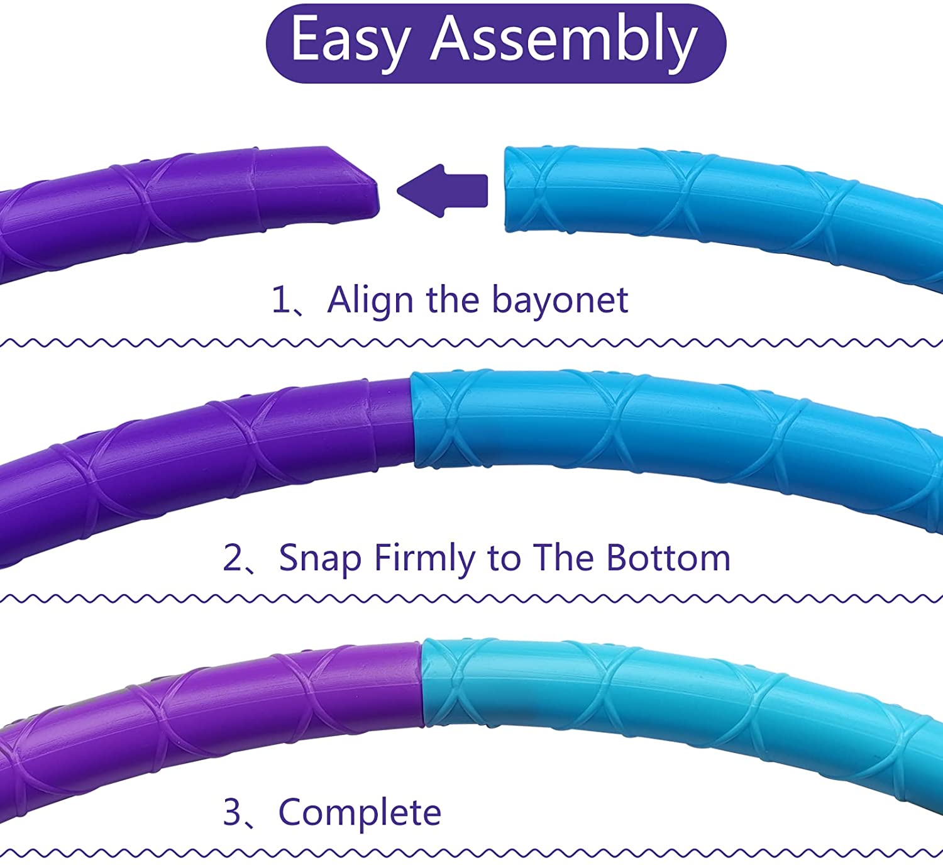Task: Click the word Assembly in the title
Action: tap(564, 41)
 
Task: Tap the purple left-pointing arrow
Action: tap(443, 191)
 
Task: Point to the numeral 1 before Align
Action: tap(281, 300)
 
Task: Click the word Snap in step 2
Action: tap(320, 559)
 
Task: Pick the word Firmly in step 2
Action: tap(424, 559)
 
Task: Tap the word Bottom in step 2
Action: tap(668, 558)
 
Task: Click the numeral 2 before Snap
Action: tap(232, 558)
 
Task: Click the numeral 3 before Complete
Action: tap(232, 812)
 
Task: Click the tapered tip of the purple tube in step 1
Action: tap(372, 197)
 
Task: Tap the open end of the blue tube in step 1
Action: tap(509, 189)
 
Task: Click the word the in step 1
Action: tap(452, 300)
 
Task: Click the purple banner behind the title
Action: tap(496, 44)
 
